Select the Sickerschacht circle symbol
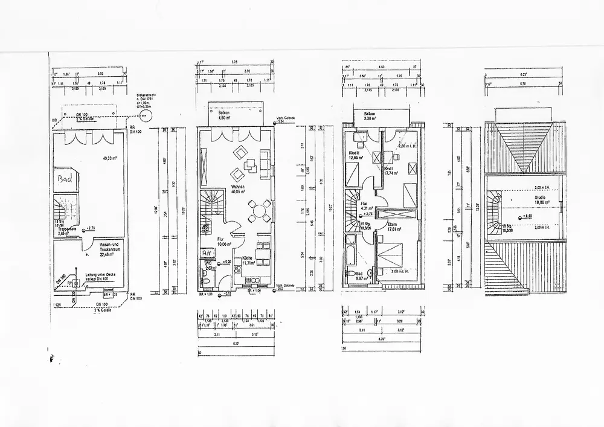pyautogui.click(x=144, y=111)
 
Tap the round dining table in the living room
pyautogui.click(x=259, y=213)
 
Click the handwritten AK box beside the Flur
pyautogui.click(x=207, y=252)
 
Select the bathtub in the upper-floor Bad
pyautogui.click(x=351, y=258)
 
